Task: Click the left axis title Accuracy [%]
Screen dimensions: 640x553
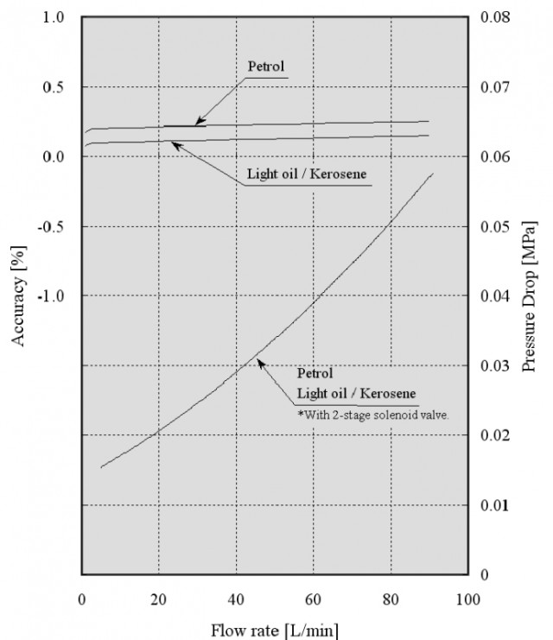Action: [x=18, y=296]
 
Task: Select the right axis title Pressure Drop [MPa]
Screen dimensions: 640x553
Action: [x=529, y=296]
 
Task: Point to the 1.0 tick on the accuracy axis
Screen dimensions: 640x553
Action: [x=54, y=18]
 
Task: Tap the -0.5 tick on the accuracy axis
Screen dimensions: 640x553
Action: [x=53, y=226]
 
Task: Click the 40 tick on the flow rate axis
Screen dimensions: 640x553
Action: [x=236, y=598]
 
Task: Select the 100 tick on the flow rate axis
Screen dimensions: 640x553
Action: [x=467, y=598]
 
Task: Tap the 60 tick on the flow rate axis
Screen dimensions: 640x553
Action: [x=313, y=598]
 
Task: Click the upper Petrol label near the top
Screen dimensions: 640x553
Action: [x=266, y=65]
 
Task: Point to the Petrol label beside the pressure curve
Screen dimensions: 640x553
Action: [x=315, y=375]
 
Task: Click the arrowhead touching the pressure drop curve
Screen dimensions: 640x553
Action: [x=258, y=363]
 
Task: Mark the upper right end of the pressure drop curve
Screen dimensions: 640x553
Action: [x=432, y=174]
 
